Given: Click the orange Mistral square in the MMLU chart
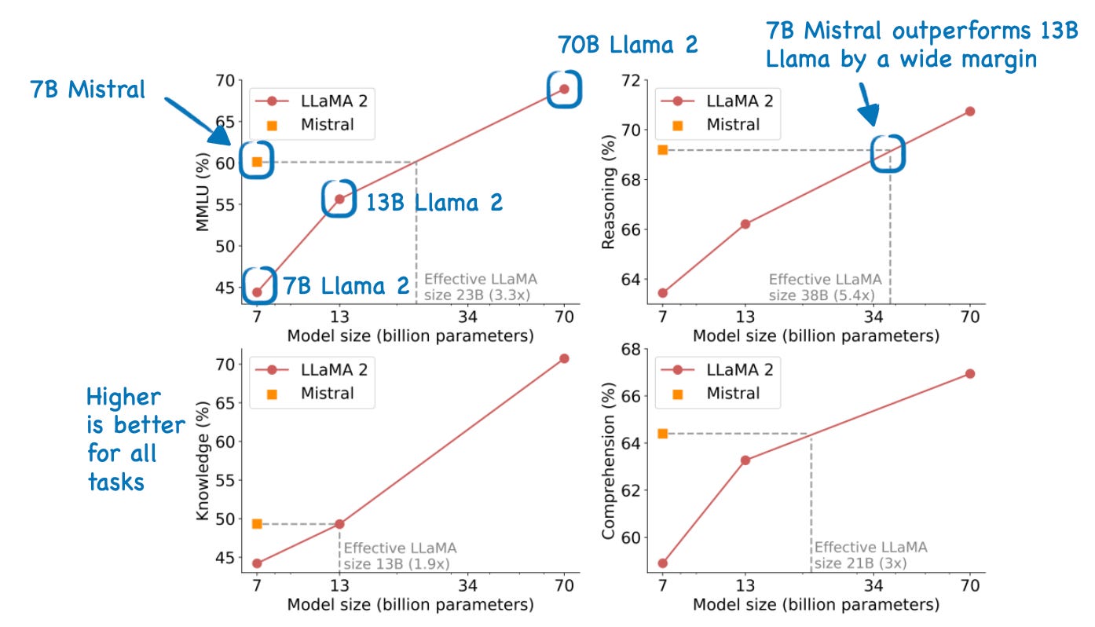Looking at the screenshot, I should tap(256, 162).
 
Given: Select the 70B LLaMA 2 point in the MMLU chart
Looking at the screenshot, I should tap(564, 89).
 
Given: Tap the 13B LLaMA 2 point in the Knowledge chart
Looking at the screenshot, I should tap(339, 524).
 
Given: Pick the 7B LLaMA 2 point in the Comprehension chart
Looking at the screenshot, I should tap(662, 563).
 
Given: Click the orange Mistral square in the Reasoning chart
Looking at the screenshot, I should tap(662, 149).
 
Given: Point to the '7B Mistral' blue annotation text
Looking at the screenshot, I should tap(88, 90).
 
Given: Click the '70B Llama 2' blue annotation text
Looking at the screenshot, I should tap(628, 44).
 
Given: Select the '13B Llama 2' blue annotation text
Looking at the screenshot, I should tap(434, 203).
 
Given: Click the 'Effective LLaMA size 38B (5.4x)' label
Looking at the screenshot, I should tap(825, 287).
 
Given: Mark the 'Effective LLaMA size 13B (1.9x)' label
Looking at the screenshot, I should tap(400, 555).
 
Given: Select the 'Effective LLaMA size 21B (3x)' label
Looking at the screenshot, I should tap(870, 555).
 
